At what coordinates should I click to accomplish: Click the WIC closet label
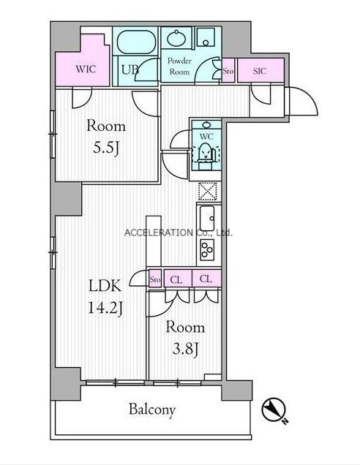[86, 69]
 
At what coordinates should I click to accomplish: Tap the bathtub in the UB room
[136, 42]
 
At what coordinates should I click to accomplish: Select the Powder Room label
[179, 66]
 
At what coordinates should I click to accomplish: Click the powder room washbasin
[176, 38]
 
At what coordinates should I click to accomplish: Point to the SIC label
[260, 71]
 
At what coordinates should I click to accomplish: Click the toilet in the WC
[206, 153]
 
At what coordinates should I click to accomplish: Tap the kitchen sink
[207, 219]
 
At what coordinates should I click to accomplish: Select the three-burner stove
[207, 249]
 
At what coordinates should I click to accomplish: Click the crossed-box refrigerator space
[208, 192]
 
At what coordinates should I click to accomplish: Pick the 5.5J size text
[106, 148]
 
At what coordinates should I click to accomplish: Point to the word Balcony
[152, 410]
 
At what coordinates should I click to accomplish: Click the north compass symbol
[274, 409]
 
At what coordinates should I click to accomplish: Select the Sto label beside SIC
[228, 71]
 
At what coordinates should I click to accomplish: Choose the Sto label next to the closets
[155, 279]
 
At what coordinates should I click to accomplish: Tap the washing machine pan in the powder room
[206, 37]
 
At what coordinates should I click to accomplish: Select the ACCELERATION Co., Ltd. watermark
[178, 232]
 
